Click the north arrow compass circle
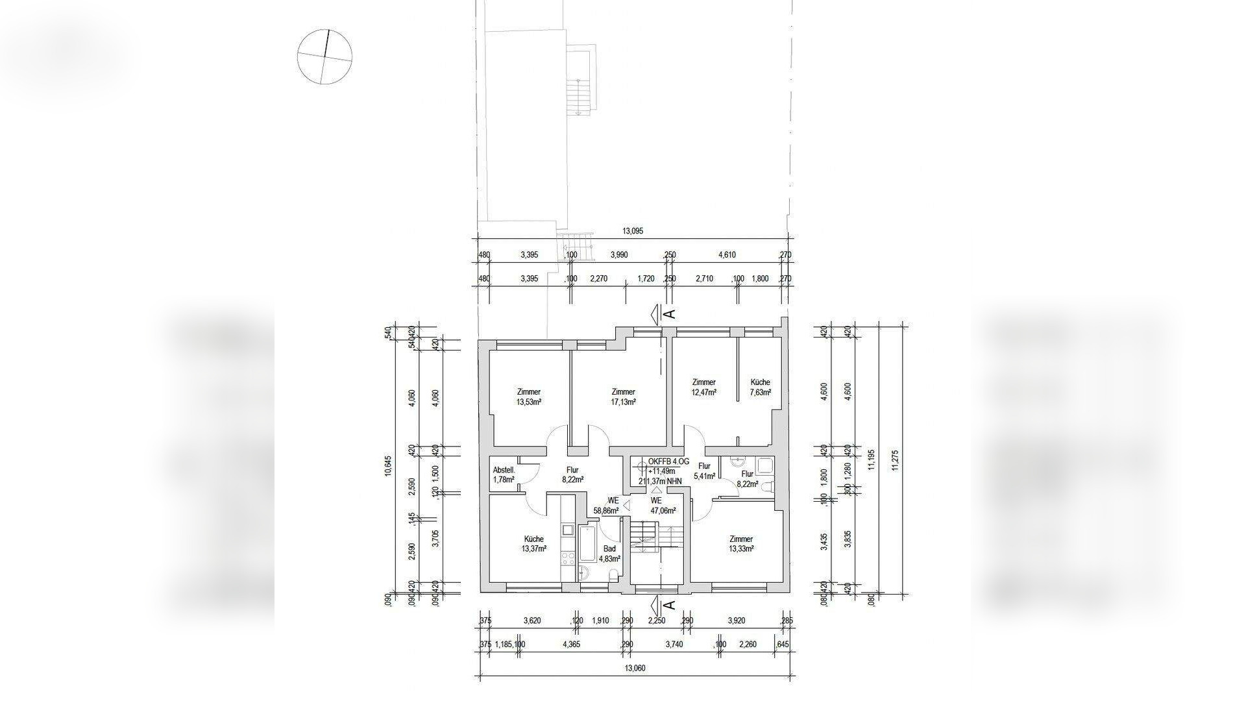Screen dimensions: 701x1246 (x=324, y=56)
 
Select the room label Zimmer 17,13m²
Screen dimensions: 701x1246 (x=623, y=397)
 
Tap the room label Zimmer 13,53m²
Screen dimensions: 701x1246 (x=529, y=397)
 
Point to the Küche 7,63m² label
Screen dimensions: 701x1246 (x=760, y=387)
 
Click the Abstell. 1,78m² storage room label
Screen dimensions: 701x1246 (x=504, y=474)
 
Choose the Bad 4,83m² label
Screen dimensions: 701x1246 (x=609, y=553)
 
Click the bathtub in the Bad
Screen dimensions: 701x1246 (x=588, y=544)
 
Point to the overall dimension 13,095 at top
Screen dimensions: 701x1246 (x=632, y=231)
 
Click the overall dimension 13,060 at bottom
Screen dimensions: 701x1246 (x=634, y=669)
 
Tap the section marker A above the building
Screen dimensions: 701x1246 (x=670, y=314)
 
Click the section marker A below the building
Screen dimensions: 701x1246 (x=670, y=606)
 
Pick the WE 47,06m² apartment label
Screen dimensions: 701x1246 (x=656, y=506)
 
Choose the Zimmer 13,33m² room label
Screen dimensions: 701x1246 (x=740, y=544)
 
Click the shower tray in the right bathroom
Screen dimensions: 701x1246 (x=766, y=464)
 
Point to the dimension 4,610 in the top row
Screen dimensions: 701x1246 (x=726, y=255)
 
